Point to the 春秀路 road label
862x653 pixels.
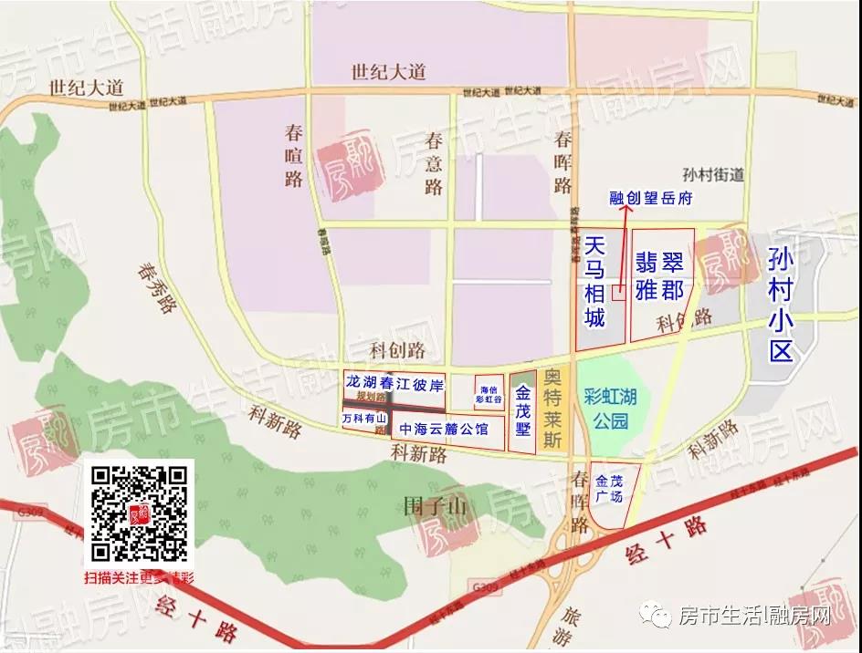(156, 287)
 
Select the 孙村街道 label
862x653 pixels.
(713, 175)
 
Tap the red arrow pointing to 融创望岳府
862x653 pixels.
(625, 246)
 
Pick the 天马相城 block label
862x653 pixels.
(595, 282)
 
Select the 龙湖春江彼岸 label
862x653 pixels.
(394, 380)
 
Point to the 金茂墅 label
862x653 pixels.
(522, 411)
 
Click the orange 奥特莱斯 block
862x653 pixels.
(551, 409)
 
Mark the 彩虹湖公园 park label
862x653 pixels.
(610, 409)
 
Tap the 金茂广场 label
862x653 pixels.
(609, 488)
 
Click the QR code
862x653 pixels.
(140, 513)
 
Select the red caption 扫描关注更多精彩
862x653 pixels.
(140, 577)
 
